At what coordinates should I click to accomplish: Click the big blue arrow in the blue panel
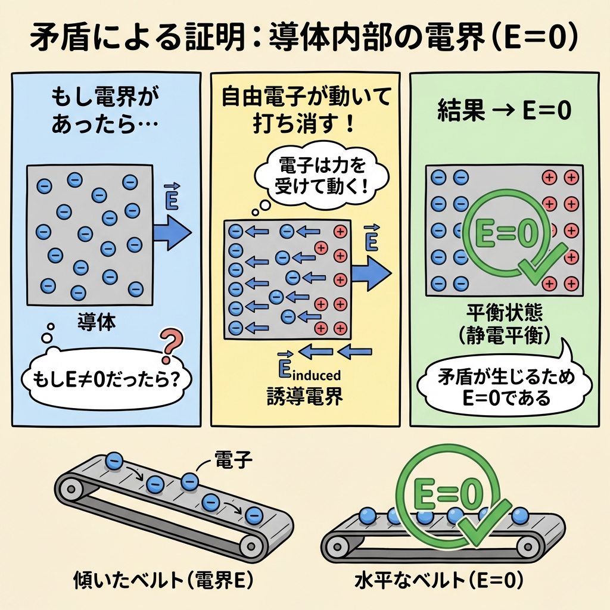coord(172,232)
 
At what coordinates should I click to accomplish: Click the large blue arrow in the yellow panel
coord(371,272)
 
